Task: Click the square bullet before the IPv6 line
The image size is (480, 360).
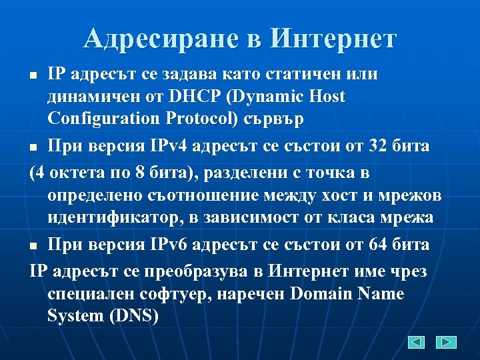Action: coord(38,246)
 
